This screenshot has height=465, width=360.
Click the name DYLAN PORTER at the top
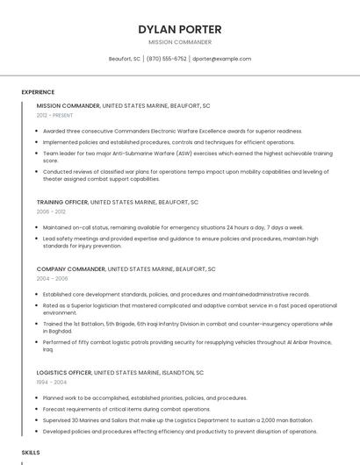click(179, 29)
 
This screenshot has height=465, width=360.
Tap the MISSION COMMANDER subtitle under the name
click(179, 42)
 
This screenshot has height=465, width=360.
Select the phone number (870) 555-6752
click(166, 59)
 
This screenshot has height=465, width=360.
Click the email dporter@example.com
click(221, 59)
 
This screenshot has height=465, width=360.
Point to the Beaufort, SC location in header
click(124, 59)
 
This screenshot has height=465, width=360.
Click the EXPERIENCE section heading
click(38, 92)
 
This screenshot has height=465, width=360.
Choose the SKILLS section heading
click(31, 452)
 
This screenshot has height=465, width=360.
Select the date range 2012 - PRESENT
click(55, 115)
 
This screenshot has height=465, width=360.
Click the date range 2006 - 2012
click(51, 211)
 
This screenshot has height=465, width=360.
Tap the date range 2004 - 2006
click(52, 278)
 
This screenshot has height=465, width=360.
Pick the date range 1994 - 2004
click(51, 382)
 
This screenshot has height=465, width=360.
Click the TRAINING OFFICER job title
click(62, 202)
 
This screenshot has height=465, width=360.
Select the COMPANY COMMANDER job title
click(68, 268)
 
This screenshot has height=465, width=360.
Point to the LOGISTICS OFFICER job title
click(64, 372)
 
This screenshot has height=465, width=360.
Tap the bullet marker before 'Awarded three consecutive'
click(37, 131)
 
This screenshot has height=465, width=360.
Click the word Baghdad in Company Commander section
click(61, 331)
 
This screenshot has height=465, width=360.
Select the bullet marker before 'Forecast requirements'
click(37, 409)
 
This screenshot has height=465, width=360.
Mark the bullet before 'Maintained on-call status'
click(37, 227)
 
